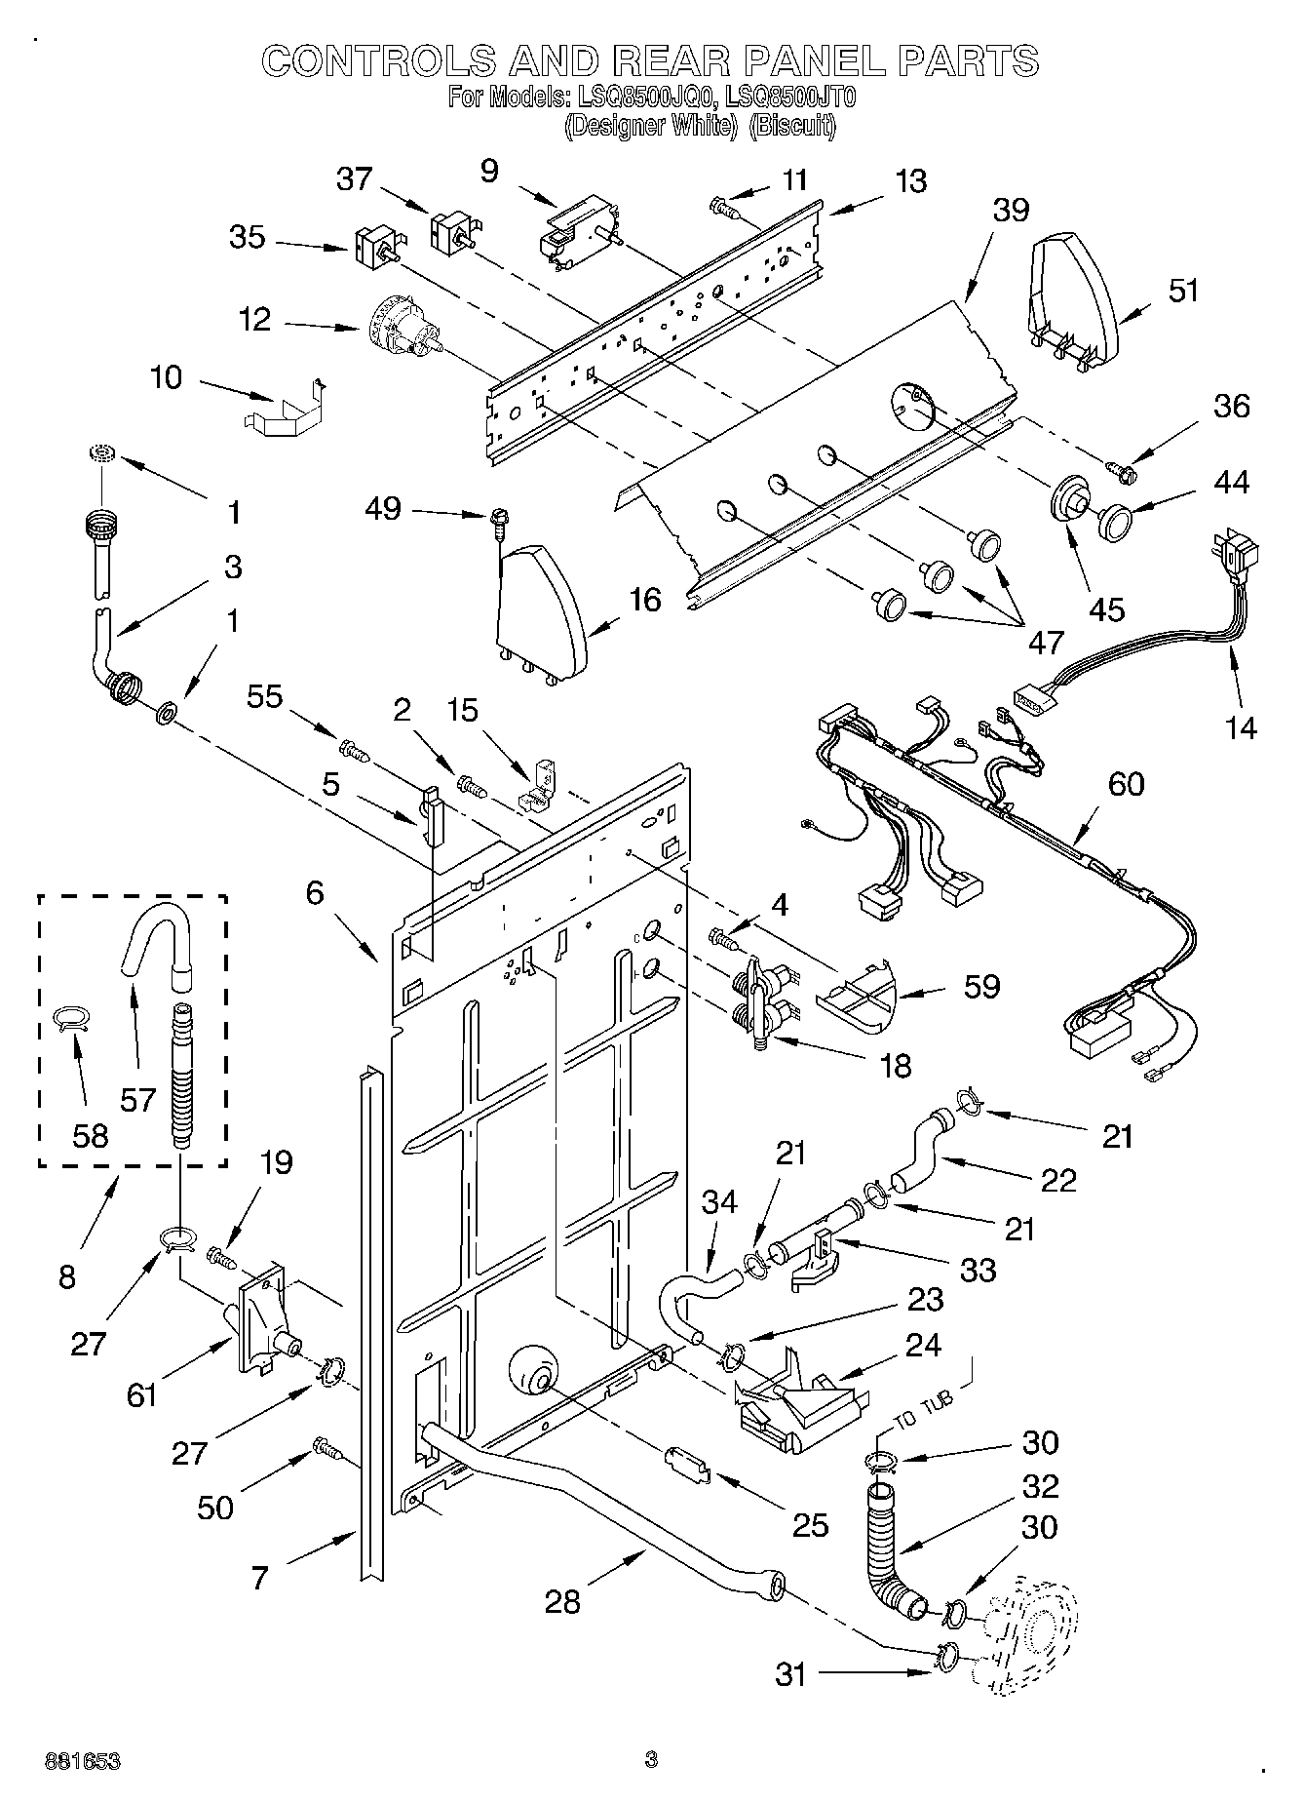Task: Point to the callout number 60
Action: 1126,783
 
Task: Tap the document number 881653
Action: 83,1761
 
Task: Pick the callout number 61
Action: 143,1396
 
